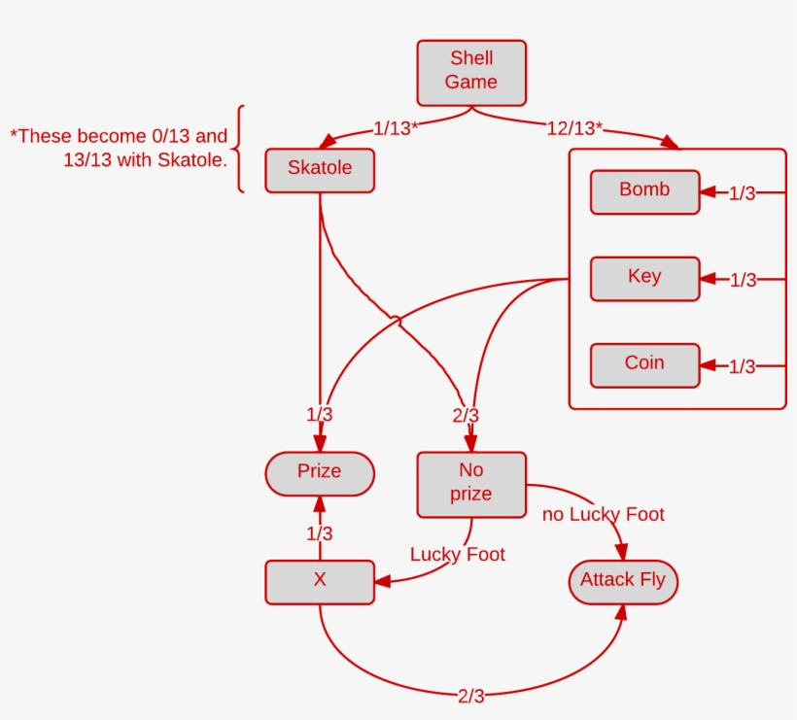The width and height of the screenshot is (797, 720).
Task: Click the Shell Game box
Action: click(471, 71)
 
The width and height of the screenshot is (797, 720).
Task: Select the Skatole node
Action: click(320, 169)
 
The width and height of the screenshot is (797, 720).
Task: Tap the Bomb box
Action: click(644, 191)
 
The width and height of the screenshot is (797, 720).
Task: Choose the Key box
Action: click(644, 278)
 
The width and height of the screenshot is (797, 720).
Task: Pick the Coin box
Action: click(644, 364)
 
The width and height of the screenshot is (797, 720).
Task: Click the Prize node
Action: click(320, 473)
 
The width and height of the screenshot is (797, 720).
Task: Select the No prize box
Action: click(471, 484)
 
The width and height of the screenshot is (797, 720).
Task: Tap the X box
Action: click(320, 582)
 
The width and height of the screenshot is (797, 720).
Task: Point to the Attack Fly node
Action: click(623, 582)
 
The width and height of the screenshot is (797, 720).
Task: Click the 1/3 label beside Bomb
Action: click(743, 193)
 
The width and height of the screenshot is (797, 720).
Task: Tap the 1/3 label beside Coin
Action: click(743, 366)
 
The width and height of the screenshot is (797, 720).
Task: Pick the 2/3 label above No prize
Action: click(466, 416)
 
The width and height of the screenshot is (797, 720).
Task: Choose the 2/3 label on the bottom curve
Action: click(470, 696)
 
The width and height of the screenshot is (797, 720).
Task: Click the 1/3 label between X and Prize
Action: click(320, 533)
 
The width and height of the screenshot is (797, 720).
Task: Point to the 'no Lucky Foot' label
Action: click(604, 515)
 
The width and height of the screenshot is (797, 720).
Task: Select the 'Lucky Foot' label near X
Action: click(458, 555)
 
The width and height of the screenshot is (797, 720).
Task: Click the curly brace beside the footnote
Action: click(238, 149)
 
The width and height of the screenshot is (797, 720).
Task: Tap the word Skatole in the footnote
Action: click(191, 159)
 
